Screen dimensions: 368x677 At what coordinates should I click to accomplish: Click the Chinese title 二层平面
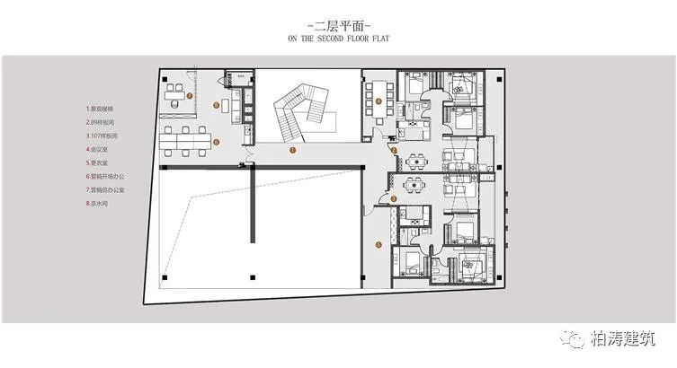pos(338,25)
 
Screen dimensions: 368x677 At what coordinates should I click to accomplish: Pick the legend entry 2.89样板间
pos(102,121)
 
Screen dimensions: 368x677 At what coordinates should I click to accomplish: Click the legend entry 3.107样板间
pos(103,135)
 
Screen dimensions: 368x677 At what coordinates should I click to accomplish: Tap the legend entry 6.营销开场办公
pos(106,176)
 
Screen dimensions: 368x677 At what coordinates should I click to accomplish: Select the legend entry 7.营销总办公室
pos(106,189)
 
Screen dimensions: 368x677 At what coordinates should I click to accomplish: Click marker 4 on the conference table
pos(379,101)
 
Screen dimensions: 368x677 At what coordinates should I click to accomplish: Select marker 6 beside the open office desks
pos(216,142)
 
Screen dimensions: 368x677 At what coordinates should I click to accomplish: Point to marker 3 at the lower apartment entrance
pos(393,198)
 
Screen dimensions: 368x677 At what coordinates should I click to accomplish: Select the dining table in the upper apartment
pos(414,162)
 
